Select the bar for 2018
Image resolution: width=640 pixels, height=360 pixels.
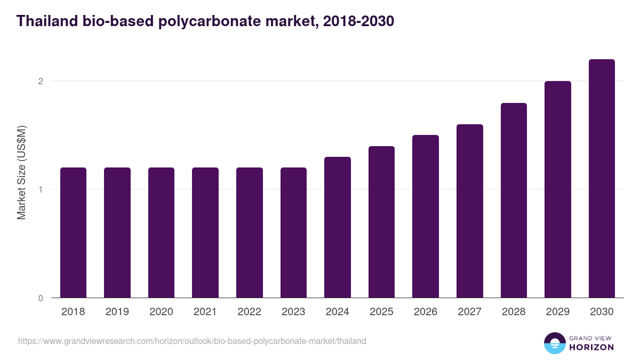click(x=73, y=233)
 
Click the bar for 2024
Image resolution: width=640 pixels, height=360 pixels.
click(x=338, y=227)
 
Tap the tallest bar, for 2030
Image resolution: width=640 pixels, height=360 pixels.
click(x=602, y=179)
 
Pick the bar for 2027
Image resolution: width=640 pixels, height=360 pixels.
click(x=470, y=211)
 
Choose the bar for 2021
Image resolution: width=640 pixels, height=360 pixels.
click(x=205, y=233)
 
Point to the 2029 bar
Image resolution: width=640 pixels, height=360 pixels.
click(x=558, y=189)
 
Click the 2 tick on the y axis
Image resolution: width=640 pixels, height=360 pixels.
click(x=40, y=81)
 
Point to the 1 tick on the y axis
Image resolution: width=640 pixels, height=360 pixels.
click(x=40, y=189)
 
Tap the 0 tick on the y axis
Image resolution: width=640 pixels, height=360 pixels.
click(x=40, y=298)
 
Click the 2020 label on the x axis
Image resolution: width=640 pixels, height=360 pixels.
click(x=161, y=312)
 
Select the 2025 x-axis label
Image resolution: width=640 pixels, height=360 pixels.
click(x=381, y=312)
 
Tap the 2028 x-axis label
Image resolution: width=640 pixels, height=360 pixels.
click(x=514, y=312)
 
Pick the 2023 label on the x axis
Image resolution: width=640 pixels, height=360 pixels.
click(x=293, y=312)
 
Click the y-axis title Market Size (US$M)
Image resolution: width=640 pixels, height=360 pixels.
click(x=22, y=172)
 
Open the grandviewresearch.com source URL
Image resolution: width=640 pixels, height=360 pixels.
click(x=192, y=341)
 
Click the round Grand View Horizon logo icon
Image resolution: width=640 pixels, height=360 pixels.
click(x=554, y=343)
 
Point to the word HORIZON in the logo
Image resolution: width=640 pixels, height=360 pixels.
click(x=591, y=347)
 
